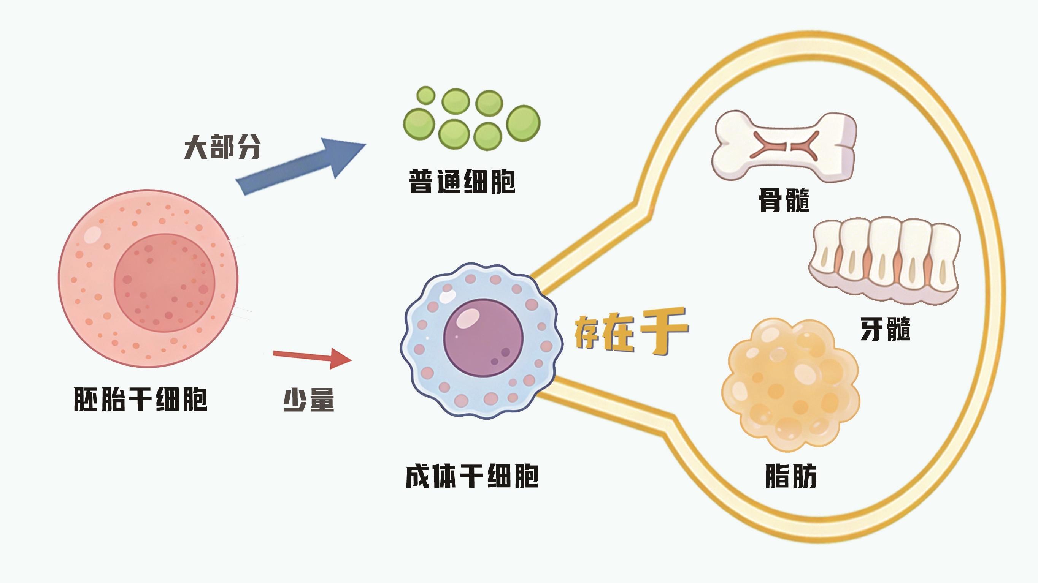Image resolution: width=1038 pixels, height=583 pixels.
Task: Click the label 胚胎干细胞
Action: click(x=140, y=400)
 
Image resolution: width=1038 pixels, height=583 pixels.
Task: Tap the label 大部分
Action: click(x=222, y=147)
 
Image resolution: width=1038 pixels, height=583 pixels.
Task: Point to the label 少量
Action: click(x=309, y=400)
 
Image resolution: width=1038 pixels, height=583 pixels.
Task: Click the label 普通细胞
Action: click(x=462, y=182)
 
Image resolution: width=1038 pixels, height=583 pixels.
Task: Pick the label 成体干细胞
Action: click(x=472, y=476)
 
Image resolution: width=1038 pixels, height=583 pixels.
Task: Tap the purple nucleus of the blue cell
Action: click(x=483, y=338)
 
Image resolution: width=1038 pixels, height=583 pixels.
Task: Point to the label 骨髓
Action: click(x=784, y=200)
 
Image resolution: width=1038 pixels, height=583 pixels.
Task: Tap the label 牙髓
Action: click(x=885, y=329)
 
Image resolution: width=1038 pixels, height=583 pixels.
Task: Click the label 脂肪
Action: click(x=790, y=476)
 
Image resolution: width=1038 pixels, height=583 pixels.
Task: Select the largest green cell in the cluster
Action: click(x=523, y=123)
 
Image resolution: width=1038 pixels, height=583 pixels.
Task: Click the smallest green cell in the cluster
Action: click(x=425, y=96)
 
